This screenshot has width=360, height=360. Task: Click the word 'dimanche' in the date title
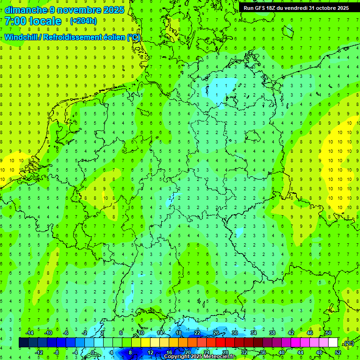click(24, 10)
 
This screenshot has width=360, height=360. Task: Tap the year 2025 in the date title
click(113, 10)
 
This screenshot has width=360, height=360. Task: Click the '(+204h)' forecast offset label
click(83, 21)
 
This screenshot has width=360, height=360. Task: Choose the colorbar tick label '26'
click(216, 332)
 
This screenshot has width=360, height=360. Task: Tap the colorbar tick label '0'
click(93, 352)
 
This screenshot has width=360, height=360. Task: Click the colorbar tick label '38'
click(272, 332)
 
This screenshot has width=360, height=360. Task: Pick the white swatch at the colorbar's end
click(333, 342)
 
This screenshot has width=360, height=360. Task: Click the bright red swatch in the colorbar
click(220, 342)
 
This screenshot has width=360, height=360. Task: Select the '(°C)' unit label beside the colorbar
click(348, 343)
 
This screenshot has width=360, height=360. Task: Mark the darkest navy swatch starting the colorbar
click(23, 342)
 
